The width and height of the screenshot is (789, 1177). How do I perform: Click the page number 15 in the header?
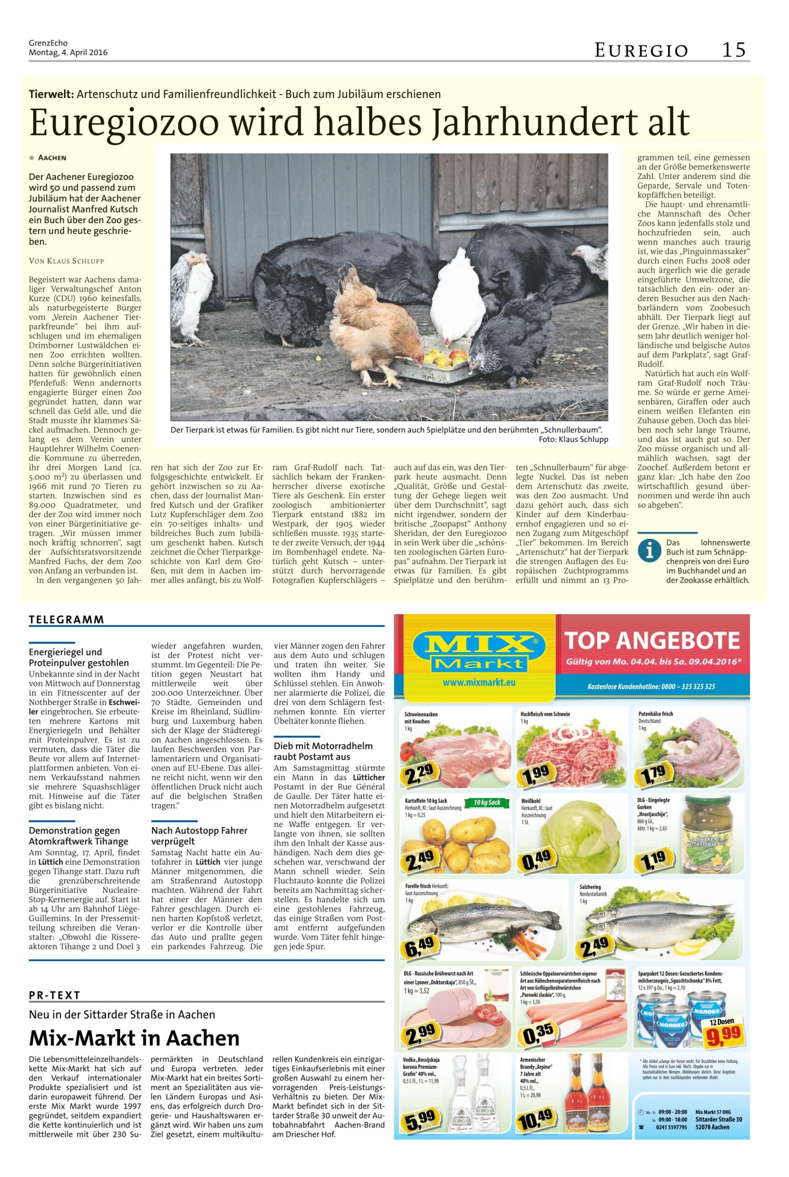pos(734,50)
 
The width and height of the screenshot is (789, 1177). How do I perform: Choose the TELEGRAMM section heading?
pos(66,619)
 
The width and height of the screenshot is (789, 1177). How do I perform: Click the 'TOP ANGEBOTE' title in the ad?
pos(652,641)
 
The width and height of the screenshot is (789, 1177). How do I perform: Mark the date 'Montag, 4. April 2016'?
pos(68,52)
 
